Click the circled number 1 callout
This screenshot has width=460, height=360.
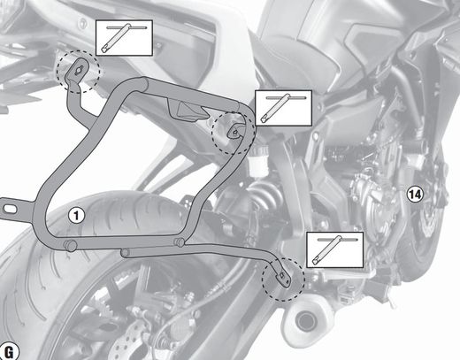coord(76,216)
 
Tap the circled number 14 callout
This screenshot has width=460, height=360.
coord(415,195)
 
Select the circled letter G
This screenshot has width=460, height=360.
coord(9,351)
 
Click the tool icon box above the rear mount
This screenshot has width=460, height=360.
coord(124,38)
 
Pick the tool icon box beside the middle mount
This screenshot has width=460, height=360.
coord(283,108)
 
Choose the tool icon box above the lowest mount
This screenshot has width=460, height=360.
coord(335,249)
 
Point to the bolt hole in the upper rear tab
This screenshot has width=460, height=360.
coord(80,70)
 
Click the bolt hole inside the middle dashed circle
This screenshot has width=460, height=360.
coord(234,132)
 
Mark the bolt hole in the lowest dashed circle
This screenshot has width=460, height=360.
coord(282,276)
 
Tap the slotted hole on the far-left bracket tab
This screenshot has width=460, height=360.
coord(10,209)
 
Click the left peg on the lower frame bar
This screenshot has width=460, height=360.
coord(71,246)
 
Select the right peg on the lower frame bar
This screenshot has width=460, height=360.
coord(180,242)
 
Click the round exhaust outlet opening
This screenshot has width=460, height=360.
coord(305,321)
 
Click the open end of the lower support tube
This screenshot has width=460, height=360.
coord(125,253)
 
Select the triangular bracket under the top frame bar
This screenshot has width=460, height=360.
coord(187,110)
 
